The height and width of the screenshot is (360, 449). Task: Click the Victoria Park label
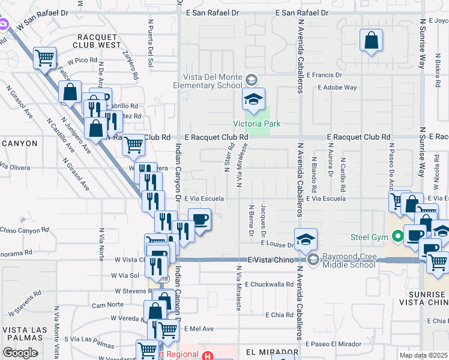[257, 124]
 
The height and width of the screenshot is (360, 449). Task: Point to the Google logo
[20, 353]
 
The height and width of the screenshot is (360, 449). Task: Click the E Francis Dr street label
[324, 76]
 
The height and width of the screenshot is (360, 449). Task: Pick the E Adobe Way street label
[337, 88]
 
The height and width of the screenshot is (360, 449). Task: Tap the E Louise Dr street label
[276, 245]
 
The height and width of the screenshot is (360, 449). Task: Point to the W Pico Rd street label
[82, 61]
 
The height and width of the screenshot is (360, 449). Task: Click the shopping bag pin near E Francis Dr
[372, 41]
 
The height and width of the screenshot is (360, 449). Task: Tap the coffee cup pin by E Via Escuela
[200, 219]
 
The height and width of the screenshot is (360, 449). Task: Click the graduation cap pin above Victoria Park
[253, 98]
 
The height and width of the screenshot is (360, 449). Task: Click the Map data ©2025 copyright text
[424, 355]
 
